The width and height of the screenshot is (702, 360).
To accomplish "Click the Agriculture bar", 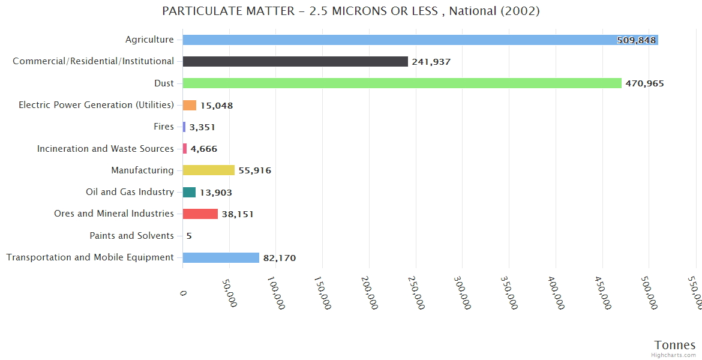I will click(x=420, y=40).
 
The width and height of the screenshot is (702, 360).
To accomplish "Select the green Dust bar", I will click(x=402, y=83).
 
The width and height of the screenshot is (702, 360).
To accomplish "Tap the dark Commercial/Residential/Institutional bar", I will click(x=295, y=62).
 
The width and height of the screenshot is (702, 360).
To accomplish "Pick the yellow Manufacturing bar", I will click(x=208, y=170).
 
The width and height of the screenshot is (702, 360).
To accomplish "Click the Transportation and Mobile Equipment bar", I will click(x=221, y=257).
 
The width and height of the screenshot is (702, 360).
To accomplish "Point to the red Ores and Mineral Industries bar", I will click(x=200, y=214).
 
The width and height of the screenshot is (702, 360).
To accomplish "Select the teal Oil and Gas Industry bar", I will click(x=189, y=192).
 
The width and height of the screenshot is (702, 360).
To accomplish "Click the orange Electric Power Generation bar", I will click(x=190, y=105).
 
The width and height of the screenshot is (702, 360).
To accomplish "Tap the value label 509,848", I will click(x=636, y=40).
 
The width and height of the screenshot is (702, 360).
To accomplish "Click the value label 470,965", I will click(x=644, y=83).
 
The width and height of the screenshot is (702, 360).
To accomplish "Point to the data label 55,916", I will click(x=254, y=170).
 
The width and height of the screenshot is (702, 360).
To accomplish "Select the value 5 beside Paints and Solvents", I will click(x=189, y=236).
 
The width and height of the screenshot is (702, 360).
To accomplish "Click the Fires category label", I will click(x=164, y=127).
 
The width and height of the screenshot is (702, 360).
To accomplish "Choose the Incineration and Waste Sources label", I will click(x=106, y=148).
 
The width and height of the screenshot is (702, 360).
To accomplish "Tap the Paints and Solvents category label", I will click(x=131, y=236).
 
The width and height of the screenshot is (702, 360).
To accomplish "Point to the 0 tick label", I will click(x=183, y=293).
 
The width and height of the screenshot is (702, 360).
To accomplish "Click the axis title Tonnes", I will click(x=674, y=345).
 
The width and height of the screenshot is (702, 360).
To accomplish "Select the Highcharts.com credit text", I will click(x=674, y=355).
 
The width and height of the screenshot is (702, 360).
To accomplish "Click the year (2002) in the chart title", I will click(x=522, y=11).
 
